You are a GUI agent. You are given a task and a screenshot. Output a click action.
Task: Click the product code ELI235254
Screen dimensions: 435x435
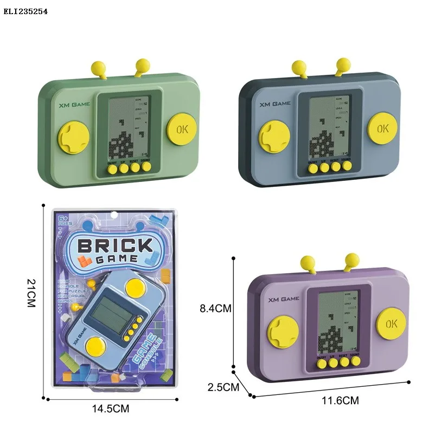tap(25, 11)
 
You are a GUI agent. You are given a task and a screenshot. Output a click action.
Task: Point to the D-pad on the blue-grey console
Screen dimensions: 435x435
tap(273, 137)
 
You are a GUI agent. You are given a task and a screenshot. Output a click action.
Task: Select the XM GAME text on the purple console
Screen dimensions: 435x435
tap(283, 298)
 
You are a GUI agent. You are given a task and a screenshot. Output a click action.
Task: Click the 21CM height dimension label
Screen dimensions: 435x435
tap(30, 293)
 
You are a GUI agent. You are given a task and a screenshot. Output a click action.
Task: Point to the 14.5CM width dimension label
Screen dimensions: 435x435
tap(112, 409)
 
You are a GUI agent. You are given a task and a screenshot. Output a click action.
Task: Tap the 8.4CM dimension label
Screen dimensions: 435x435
tap(215, 308)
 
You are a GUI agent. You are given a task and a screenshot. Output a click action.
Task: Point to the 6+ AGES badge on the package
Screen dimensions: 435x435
tap(65, 221)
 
